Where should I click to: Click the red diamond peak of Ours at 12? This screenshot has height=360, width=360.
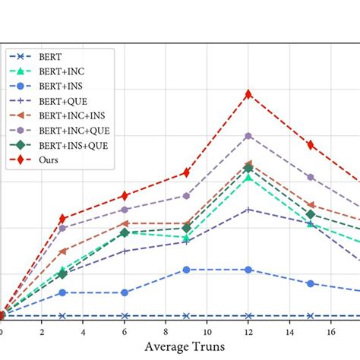pyautogui.click(x=248, y=94)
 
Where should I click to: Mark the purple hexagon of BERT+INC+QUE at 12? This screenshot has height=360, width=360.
pyautogui.click(x=248, y=136)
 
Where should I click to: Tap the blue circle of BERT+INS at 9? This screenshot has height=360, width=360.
pyautogui.click(x=187, y=270)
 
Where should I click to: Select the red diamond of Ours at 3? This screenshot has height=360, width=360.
pyautogui.click(x=63, y=219)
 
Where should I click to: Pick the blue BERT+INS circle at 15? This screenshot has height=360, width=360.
pyautogui.click(x=311, y=283)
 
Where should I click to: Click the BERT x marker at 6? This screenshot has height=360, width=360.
pyautogui.click(x=125, y=315)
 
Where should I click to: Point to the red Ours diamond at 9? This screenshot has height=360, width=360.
pyautogui.click(x=187, y=173)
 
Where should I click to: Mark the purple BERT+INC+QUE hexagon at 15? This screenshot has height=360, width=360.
pyautogui.click(x=311, y=177)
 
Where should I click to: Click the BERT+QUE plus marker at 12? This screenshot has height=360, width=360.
pyautogui.click(x=248, y=209)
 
